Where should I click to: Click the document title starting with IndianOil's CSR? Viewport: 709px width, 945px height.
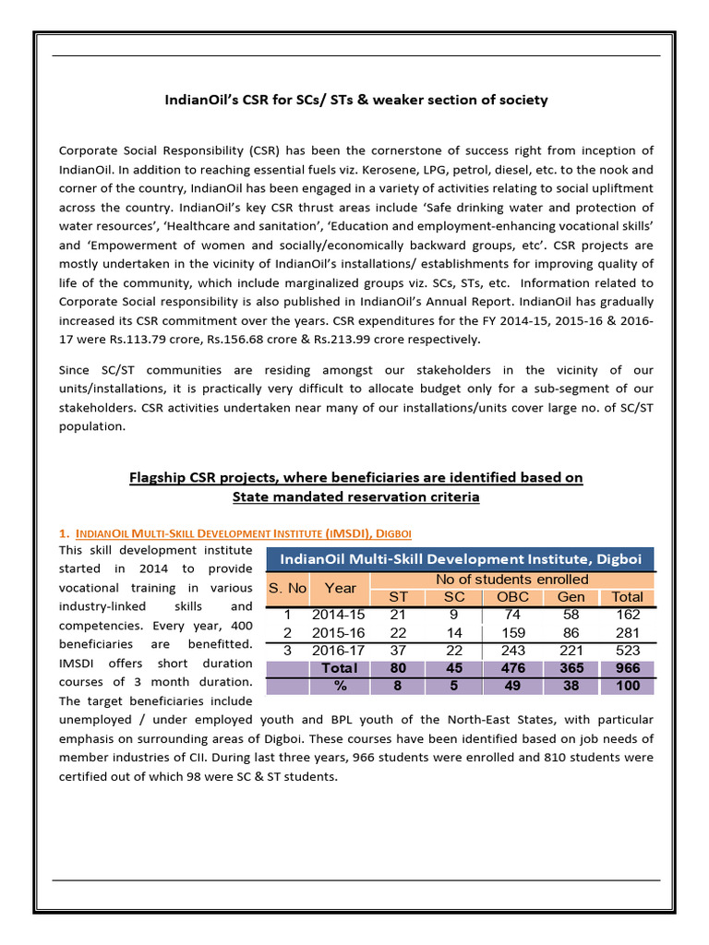coord(355,100)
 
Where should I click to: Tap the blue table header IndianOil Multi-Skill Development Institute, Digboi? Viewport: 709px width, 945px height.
coord(460,558)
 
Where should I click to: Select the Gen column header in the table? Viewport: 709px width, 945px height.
coord(571,597)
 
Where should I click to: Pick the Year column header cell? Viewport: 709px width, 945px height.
coord(340,588)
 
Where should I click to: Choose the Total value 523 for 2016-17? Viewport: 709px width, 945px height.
coord(627,651)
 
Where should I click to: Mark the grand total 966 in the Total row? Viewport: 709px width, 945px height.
coord(627,668)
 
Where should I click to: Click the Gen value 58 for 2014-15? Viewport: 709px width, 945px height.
coord(571,615)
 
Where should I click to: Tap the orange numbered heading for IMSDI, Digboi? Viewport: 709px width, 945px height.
coord(235,533)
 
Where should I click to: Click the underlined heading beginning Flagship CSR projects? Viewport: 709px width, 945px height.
coord(354,486)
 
